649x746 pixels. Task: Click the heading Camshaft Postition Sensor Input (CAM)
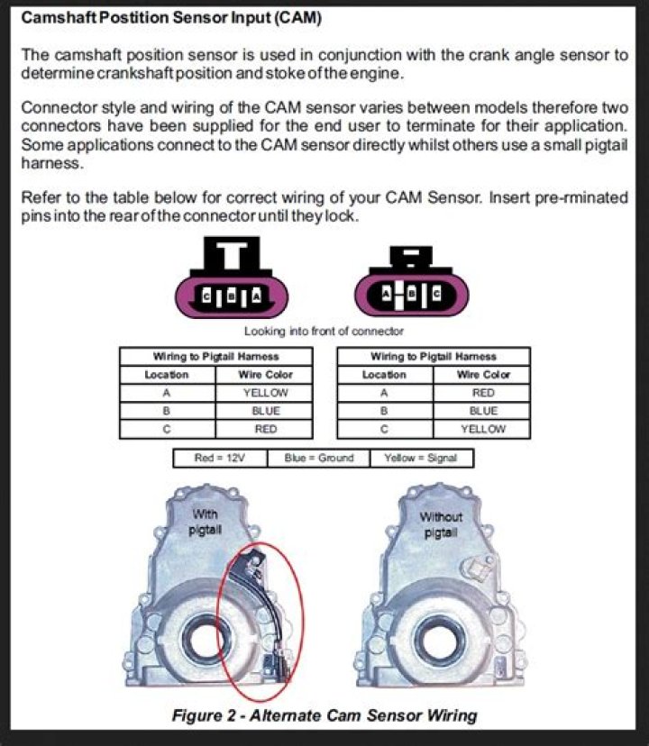(171, 17)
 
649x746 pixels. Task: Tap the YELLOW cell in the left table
(265, 393)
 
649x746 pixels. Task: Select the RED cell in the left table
(265, 429)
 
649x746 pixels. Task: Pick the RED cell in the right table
(483, 393)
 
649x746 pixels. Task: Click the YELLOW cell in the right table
(483, 429)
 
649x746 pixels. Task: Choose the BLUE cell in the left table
(265, 411)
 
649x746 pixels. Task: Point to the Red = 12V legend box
(220, 458)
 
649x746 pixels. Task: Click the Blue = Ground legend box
(318, 458)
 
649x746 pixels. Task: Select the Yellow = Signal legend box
(421, 458)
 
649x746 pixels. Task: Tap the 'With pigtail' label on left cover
(206, 523)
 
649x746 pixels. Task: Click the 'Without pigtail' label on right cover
(441, 524)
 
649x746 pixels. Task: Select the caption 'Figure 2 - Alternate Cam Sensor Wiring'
(324, 716)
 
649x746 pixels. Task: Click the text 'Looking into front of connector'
(324, 332)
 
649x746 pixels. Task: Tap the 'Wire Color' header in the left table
(265, 374)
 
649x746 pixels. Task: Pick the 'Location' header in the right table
(385, 374)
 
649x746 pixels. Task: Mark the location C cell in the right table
(385, 429)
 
